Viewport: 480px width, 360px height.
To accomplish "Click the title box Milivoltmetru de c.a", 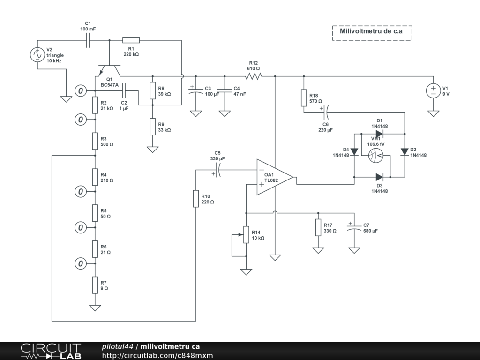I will point(372,32).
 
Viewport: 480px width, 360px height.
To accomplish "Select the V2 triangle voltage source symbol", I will point(37,55).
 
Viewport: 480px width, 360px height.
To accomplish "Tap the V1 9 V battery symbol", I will point(434,90).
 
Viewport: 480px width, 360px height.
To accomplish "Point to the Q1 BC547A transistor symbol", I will point(109,69).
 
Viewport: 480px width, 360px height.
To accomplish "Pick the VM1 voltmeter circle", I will point(376,155).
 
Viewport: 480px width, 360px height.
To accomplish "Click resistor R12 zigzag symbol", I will point(254,76).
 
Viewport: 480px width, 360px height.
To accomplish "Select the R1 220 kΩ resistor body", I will point(131,40).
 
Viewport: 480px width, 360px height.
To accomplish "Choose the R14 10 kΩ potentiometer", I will point(246,234).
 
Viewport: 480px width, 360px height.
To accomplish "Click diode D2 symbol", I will point(404,152).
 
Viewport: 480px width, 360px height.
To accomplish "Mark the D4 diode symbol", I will point(354,152).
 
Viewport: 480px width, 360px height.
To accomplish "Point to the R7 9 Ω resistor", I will point(95,285).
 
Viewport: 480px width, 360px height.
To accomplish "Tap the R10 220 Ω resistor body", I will point(195,198).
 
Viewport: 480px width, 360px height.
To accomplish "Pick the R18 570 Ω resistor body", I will point(304,98).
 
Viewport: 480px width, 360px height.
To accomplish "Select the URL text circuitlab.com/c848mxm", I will point(157,355).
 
